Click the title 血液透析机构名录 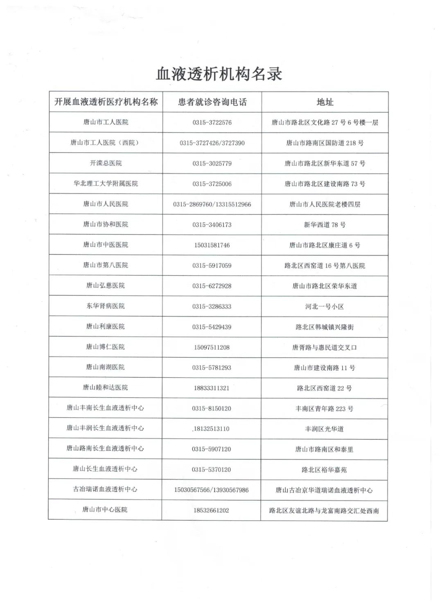tap(219, 74)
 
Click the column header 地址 tap(325, 102)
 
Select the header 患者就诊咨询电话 tap(212, 102)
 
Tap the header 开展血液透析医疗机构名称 tap(106, 102)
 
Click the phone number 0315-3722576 tap(212, 123)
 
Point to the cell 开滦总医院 tap(106, 163)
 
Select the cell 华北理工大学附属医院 tap(106, 184)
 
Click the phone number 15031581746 tap(212, 245)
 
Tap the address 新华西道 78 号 tap(325, 225)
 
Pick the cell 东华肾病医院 tap(106, 306)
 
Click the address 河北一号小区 tap(325, 307)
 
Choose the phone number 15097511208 tap(212, 347)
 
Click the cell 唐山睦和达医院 tap(106, 387)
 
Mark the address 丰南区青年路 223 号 tap(325, 409)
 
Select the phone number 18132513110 tap(211, 429)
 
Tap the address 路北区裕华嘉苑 tap(324, 470)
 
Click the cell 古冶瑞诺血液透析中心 tap(105, 489)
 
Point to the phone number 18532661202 tap(211, 511)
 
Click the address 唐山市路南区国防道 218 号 tap(325, 143)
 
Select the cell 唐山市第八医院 tap(106, 265)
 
